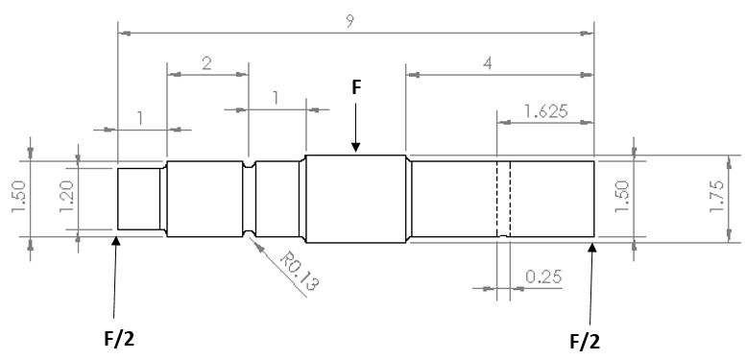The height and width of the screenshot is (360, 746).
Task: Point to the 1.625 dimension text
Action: click(x=544, y=111)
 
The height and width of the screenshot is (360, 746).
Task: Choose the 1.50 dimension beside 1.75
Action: click(x=619, y=197)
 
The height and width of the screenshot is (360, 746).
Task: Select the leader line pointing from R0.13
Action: click(x=264, y=248)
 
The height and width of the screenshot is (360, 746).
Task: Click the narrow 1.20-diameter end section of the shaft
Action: click(x=139, y=198)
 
